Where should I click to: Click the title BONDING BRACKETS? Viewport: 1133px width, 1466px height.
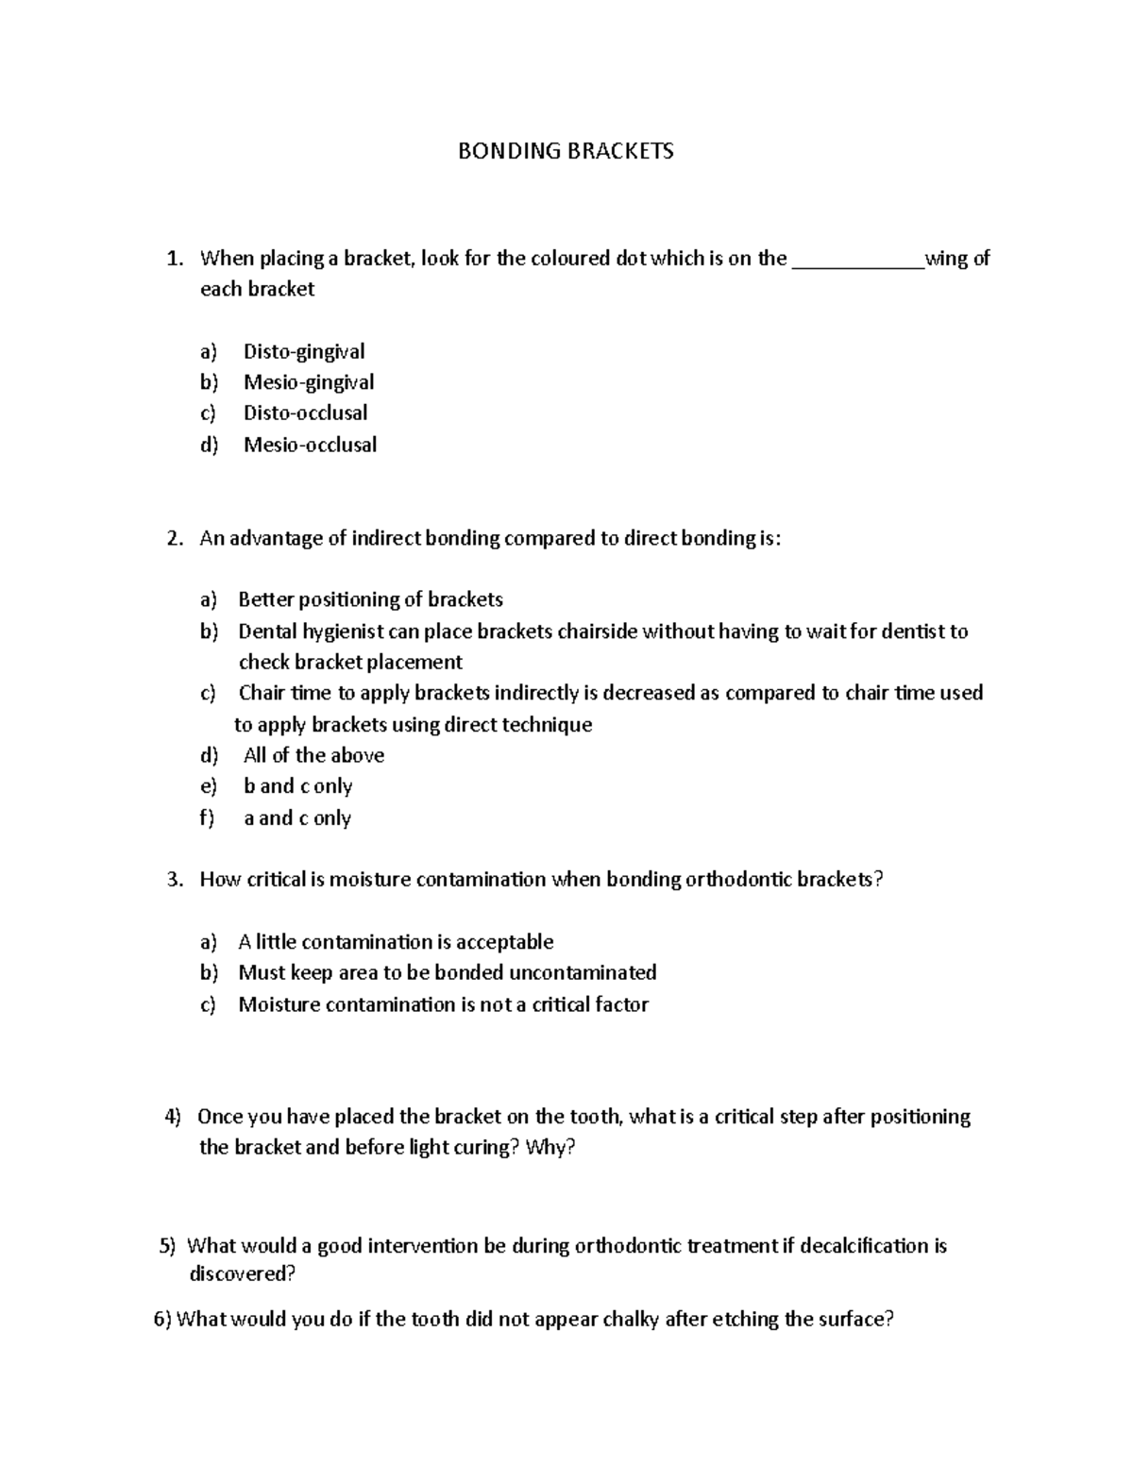566,151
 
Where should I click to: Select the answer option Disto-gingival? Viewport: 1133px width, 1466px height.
303,351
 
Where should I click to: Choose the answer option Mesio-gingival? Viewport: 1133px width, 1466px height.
309,382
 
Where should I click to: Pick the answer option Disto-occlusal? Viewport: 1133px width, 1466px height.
305,413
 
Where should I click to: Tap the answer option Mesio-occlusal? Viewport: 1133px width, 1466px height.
310,445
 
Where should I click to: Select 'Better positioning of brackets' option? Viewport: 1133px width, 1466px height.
370,599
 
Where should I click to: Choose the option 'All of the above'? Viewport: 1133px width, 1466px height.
313,755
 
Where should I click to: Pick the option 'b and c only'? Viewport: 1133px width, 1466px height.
297,786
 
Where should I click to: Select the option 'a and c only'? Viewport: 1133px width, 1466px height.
297,818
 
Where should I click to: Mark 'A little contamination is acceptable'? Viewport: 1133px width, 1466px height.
396,942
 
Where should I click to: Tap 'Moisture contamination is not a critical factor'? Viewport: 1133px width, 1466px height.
443,1004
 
